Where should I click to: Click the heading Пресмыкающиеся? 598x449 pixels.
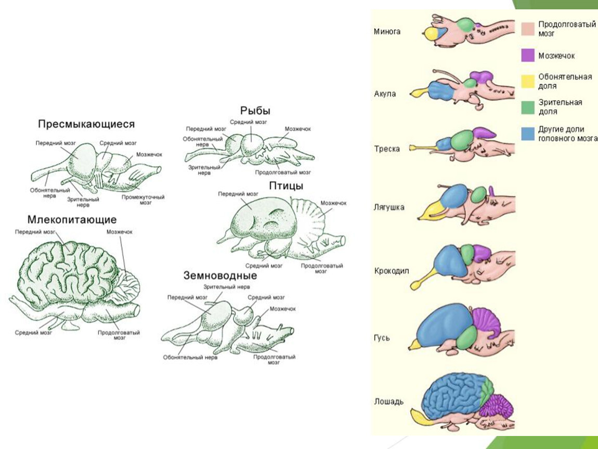click(86, 124)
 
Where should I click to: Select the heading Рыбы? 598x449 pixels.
click(255, 111)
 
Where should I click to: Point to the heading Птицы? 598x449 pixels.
click(286, 186)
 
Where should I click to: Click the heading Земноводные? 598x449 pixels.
click(220, 275)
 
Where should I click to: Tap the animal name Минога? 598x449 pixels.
click(387, 32)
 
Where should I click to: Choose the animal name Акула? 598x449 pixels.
click(385, 94)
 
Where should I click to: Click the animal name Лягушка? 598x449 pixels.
click(389, 207)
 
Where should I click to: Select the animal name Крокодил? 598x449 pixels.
click(391, 271)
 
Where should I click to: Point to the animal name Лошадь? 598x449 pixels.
click(388, 402)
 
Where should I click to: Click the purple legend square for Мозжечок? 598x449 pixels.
click(528, 55)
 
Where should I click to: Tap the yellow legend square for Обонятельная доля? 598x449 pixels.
click(528, 81)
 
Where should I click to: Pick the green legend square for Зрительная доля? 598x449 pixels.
click(528, 107)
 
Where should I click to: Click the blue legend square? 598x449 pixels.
click(528, 134)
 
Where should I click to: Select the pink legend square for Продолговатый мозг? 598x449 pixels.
click(528, 29)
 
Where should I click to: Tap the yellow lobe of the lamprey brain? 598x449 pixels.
click(431, 34)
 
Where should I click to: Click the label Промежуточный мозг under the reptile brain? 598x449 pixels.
click(144, 200)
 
